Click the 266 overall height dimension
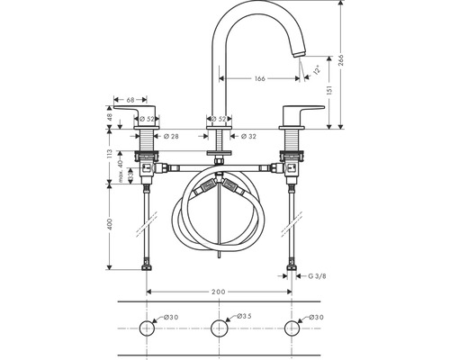[x=342, y=61]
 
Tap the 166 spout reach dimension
[x=260, y=78]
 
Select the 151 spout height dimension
[x=329, y=91]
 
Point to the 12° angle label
[x=317, y=70]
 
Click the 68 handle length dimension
[x=130, y=100]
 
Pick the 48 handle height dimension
[x=110, y=117]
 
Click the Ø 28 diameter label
[x=171, y=136]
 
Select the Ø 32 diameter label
[x=248, y=136]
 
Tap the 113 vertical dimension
[x=110, y=154]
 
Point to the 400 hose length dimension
[x=110, y=224]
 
